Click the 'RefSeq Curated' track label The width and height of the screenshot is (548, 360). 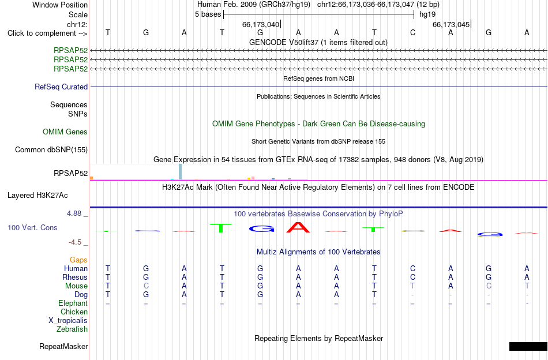(61, 87)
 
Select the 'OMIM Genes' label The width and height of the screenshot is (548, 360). (65, 132)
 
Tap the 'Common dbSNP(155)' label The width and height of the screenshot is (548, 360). (51, 149)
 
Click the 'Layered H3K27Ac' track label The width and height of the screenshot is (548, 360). (37, 196)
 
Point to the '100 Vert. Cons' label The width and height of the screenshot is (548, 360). (32, 227)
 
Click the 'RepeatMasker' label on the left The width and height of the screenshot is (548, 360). (63, 346)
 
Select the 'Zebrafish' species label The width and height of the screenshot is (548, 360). (72, 329)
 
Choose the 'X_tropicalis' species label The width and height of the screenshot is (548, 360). (68, 321)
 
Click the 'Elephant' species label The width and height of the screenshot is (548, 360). (73, 303)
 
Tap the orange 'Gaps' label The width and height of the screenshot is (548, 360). (78, 260)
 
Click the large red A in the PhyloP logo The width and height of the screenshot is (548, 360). (298, 227)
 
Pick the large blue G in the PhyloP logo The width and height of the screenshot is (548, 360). (261, 229)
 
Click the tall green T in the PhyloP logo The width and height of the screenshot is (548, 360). (220, 228)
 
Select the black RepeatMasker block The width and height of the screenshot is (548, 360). (528, 346)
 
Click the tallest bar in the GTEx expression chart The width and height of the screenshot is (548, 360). (181, 171)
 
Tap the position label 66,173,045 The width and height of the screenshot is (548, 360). (451, 24)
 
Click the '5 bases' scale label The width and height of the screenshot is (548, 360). (208, 14)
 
